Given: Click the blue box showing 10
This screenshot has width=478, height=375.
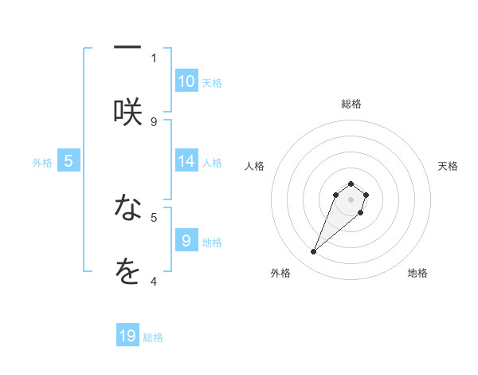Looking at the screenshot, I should pos(186,81).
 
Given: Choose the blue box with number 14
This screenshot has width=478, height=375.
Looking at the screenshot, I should pos(186,161).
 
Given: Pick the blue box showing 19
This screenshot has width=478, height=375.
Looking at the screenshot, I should pos(127,336).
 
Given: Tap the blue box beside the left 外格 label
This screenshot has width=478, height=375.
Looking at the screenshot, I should pos(69,161).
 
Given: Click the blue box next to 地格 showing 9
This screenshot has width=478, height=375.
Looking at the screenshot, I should pos(186,240).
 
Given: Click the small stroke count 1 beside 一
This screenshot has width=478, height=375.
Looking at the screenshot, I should pos(154,57).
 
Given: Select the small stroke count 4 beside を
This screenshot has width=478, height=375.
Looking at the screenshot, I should pos(154,280).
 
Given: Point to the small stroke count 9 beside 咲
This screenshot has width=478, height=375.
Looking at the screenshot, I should pos(154,121).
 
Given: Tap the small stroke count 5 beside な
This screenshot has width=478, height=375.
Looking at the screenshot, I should pos(154,216).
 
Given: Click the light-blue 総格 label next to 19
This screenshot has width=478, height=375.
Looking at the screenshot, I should pos(153,337).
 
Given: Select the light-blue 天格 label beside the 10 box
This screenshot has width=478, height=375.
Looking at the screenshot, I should pos(212,83).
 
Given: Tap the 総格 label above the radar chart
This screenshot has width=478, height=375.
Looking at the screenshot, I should pos(351,104).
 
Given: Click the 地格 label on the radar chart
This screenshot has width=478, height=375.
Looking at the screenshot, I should pos(417,273).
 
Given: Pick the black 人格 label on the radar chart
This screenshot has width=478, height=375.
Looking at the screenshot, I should pos(255,166).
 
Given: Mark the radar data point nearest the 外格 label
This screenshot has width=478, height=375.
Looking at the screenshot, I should pos(314,252).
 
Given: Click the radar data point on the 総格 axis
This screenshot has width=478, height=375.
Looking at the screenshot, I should pos(351,184).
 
